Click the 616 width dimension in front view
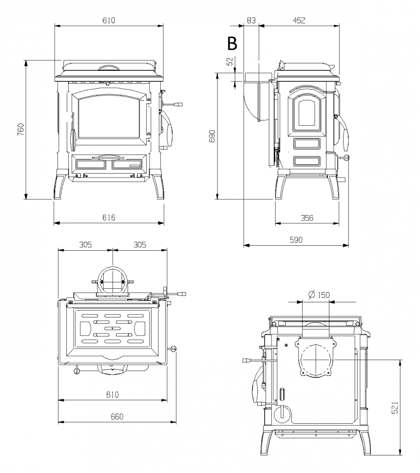pos(109,217)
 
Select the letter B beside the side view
pos(232,44)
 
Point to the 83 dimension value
pos(251,20)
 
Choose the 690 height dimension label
pos(212,137)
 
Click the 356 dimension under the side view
pos(306,218)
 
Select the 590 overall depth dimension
pos(296,239)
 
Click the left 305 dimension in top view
pos(85,244)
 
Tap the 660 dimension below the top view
pos(117,416)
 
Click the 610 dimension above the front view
pos(109,20)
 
